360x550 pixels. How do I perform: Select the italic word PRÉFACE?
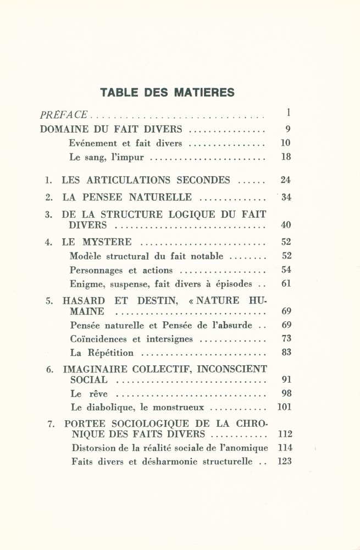click(64, 115)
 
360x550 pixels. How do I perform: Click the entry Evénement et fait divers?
click(125, 144)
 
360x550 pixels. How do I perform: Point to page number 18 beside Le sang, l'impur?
click(285, 157)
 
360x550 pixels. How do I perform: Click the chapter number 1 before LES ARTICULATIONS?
click(48, 180)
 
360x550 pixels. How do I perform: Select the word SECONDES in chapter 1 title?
click(203, 180)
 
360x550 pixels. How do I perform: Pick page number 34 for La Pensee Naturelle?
click(285, 197)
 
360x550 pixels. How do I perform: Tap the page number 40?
click(285, 225)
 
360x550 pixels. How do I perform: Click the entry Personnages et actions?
click(121, 270)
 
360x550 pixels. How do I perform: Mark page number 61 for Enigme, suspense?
click(285, 284)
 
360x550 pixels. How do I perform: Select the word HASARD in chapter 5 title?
click(83, 301)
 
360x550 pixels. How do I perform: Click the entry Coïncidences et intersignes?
click(131, 339)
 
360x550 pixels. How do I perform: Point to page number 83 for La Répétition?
click(285, 353)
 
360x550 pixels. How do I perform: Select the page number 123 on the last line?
click(284, 461)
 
